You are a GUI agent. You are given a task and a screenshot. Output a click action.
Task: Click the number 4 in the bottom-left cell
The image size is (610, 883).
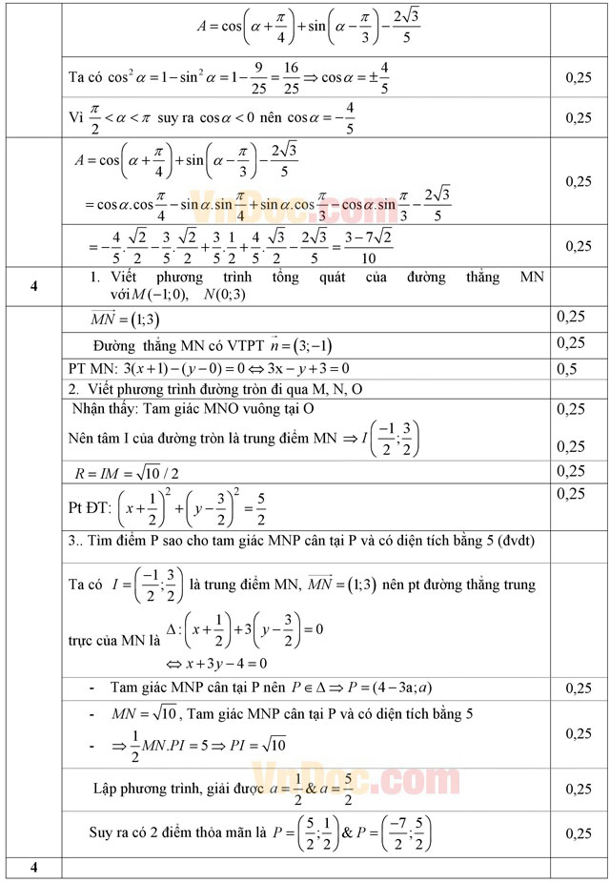[x=33, y=867]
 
